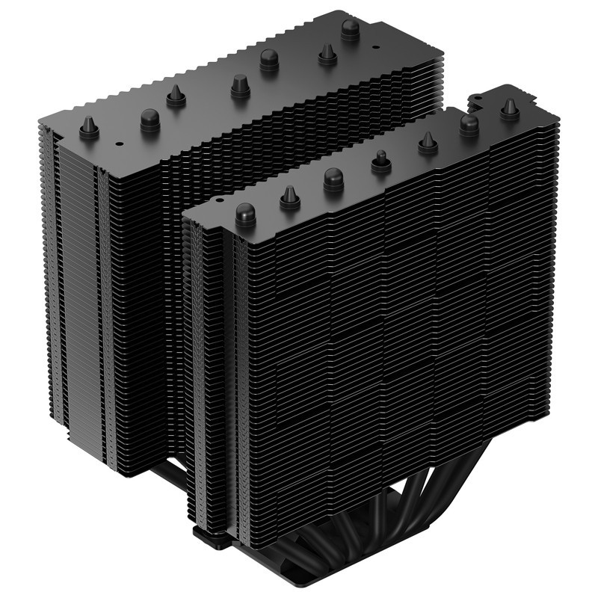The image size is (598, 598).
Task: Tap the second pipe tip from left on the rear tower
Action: pyautogui.click(x=149, y=119)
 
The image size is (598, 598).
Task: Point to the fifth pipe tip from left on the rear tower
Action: pyautogui.click(x=270, y=60)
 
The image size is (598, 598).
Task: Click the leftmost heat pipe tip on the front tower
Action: pyautogui.click(x=245, y=215)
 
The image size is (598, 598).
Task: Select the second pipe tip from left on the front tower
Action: pyautogui.click(x=290, y=198)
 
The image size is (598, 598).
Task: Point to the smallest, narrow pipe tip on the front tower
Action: pyautogui.click(x=380, y=161)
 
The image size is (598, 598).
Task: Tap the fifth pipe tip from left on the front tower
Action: pyautogui.click(x=428, y=142)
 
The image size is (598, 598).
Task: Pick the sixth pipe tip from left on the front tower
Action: pyautogui.click(x=469, y=124)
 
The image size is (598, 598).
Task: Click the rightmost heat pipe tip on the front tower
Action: pyautogui.click(x=510, y=109)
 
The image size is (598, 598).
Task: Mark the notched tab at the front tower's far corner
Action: pyautogui.click(x=477, y=99)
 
